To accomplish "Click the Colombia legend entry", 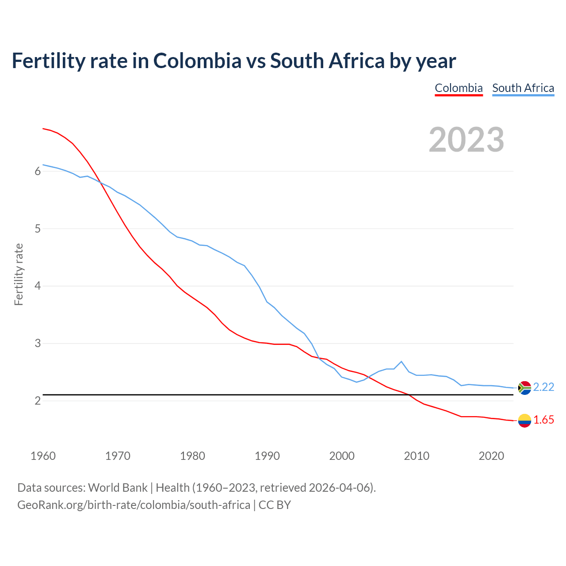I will (x=459, y=88).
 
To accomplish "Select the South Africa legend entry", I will (x=523, y=88).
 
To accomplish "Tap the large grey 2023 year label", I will (x=467, y=140).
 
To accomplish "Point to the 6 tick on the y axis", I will (x=38, y=172).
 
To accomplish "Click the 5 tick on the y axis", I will (x=38, y=229).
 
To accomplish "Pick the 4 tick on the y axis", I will (x=38, y=286).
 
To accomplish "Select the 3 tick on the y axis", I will (x=38, y=344).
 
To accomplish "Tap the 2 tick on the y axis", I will (x=38, y=401).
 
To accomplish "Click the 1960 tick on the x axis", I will (x=43, y=456).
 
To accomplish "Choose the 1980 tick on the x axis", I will (x=192, y=456).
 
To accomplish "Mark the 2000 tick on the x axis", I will (x=342, y=456).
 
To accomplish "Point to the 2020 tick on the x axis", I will (x=491, y=456).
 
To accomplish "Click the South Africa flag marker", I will (x=524, y=388).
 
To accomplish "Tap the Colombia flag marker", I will (x=524, y=421).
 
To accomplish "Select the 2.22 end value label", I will (x=543, y=387).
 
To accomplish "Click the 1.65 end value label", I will (x=543, y=420).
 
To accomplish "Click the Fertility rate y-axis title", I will (x=19, y=274).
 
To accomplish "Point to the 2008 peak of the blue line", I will (x=402, y=362).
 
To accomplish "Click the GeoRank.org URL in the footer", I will (x=134, y=505).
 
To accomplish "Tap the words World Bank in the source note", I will (x=118, y=488).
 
